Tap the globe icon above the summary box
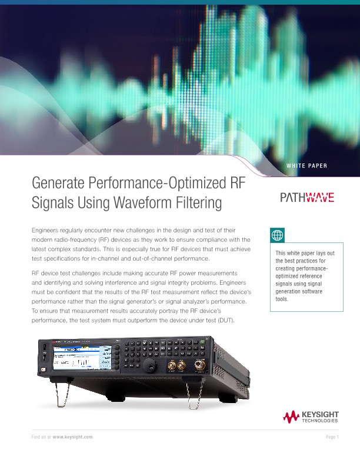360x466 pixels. tap(277, 235)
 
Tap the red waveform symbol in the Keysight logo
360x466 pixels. tap(291, 417)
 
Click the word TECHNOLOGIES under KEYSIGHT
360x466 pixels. tap(319, 421)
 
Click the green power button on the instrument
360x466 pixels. tap(45, 372)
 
